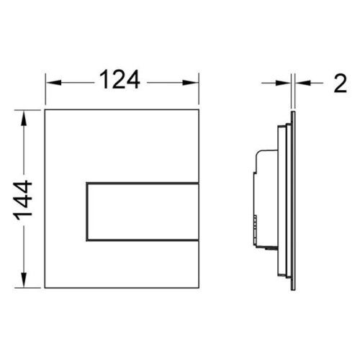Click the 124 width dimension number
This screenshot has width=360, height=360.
click(x=120, y=79)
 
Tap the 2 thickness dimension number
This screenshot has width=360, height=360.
click(x=341, y=83)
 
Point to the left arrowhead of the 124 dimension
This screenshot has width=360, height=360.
click(x=53, y=83)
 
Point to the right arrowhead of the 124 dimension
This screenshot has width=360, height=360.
click(x=190, y=83)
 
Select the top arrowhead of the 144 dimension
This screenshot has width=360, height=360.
click(x=24, y=117)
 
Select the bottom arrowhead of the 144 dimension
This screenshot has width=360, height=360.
click(x=24, y=279)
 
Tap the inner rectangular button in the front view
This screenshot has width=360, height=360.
click(x=143, y=212)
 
